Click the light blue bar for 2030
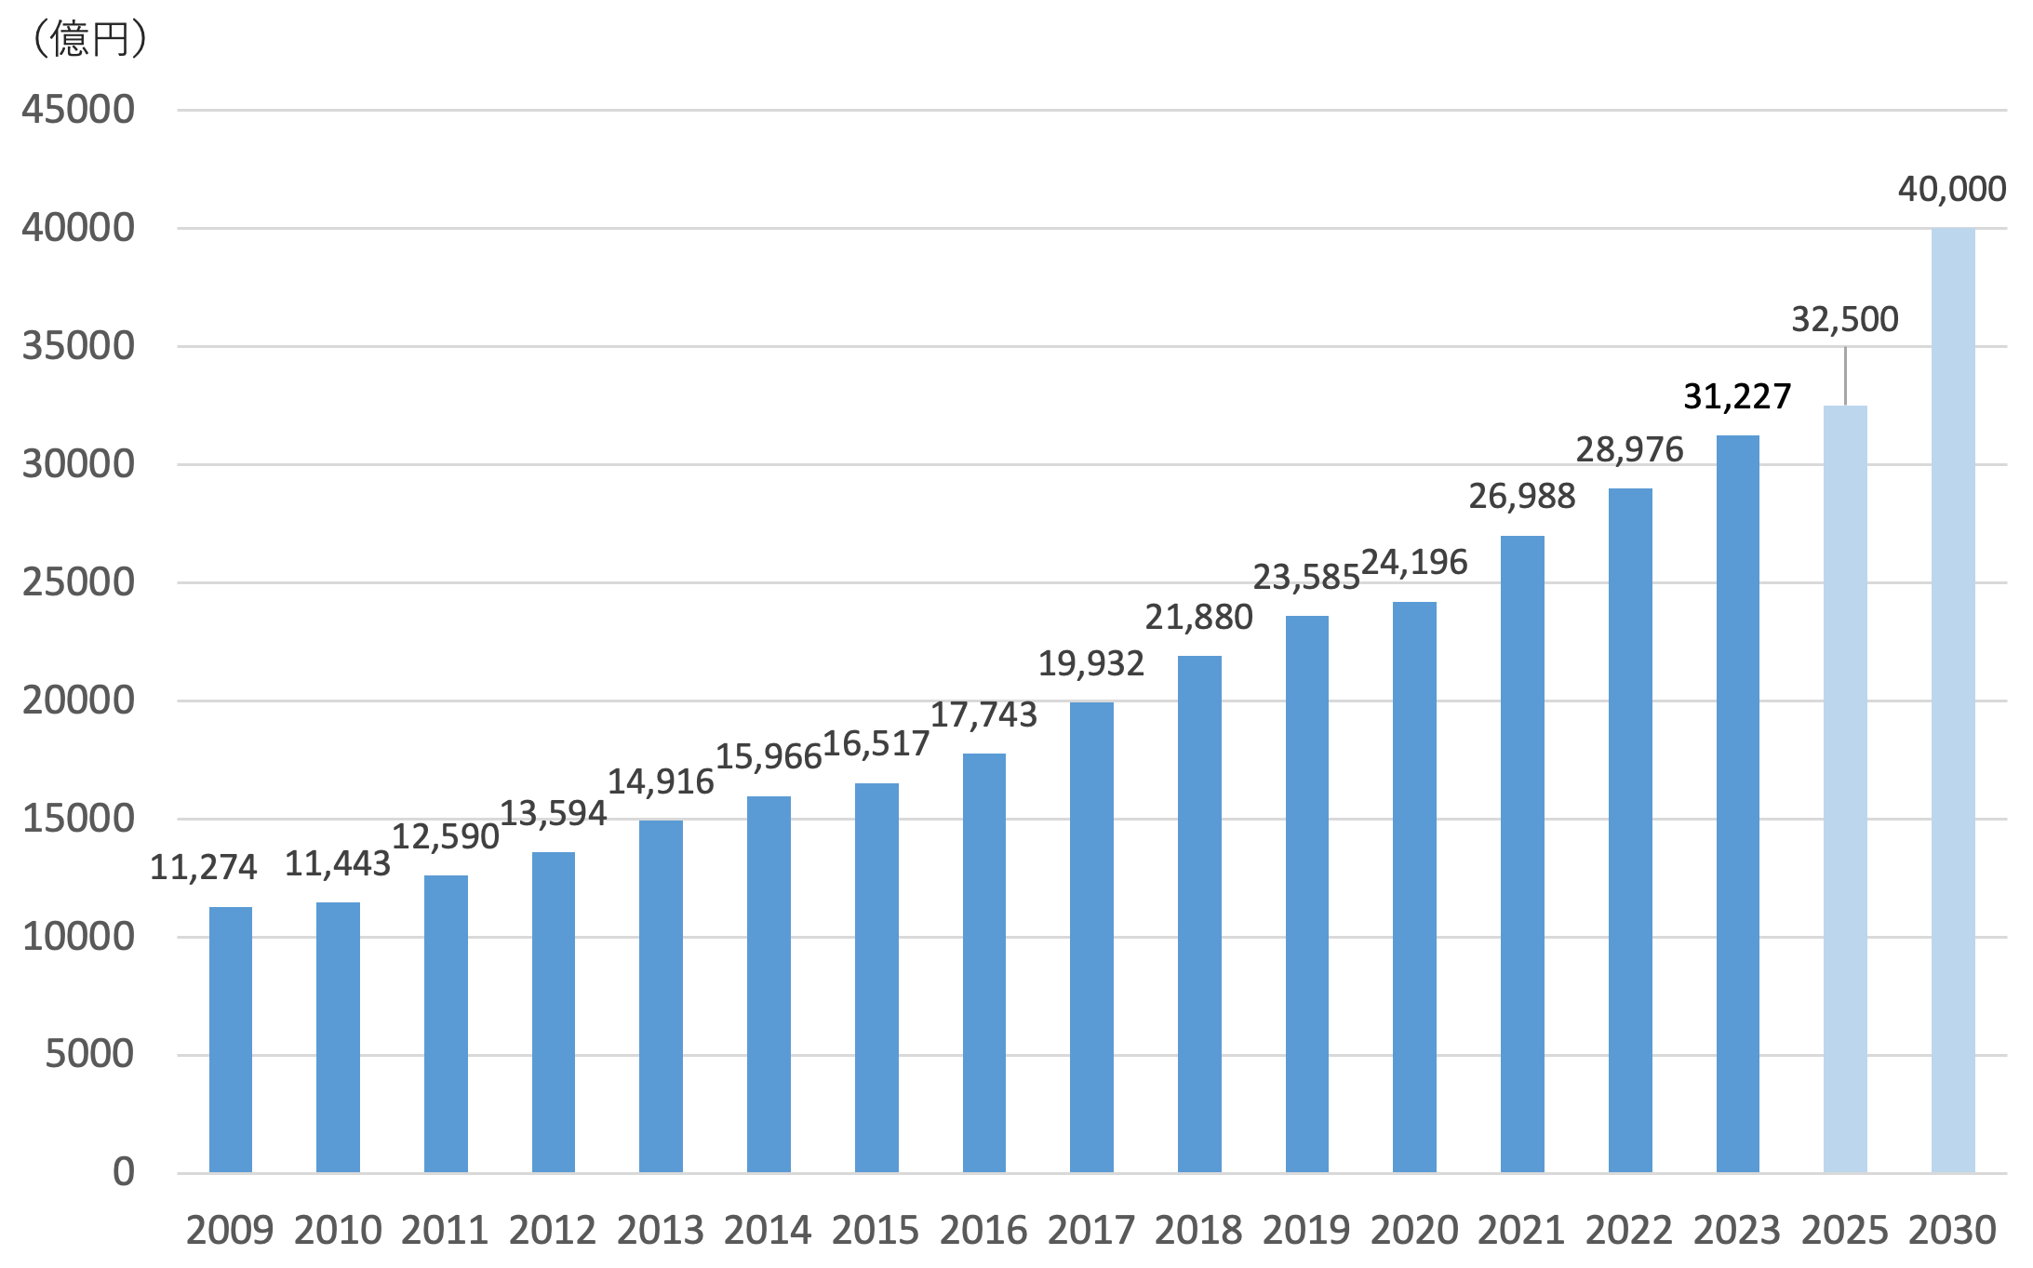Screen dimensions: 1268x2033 (x=1952, y=700)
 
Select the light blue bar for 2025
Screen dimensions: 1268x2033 (x=1844, y=789)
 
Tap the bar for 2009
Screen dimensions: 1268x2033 (x=230, y=1039)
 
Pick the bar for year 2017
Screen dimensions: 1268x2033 (x=1090, y=937)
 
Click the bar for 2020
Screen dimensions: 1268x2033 (x=1413, y=887)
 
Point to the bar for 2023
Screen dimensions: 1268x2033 (x=1736, y=804)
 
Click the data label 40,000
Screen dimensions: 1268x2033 (x=1951, y=189)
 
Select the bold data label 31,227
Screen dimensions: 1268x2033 (x=1736, y=396)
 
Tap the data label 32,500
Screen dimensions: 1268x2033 (x=1844, y=319)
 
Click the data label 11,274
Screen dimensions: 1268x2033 (x=203, y=867)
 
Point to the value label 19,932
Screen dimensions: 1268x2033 (x=1090, y=663)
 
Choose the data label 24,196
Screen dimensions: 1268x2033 (x=1413, y=562)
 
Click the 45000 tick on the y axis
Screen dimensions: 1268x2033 (x=78, y=110)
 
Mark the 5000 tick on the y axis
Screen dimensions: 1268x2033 (x=89, y=1054)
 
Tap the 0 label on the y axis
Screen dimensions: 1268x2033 (x=123, y=1172)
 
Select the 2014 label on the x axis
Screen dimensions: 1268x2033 (x=768, y=1230)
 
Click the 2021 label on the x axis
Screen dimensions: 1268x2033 (x=1521, y=1230)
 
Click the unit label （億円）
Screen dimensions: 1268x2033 (x=89, y=39)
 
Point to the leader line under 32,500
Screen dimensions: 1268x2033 (x=1845, y=375)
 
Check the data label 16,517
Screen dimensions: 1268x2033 (x=876, y=743)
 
